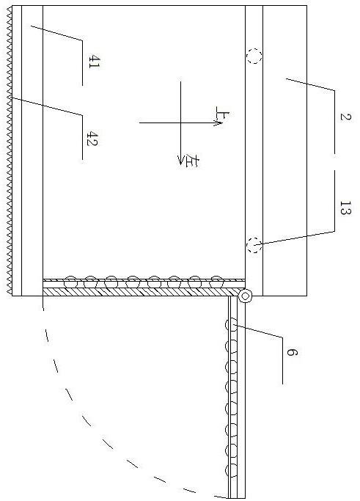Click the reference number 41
coord(94,62)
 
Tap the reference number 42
coord(92,139)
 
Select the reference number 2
coord(345,117)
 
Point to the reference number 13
coord(345,208)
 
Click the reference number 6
coord(292,352)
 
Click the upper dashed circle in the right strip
coord(254,56)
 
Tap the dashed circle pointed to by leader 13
coord(254,246)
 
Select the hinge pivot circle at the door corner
coord(245,296)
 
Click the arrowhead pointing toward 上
coord(218,122)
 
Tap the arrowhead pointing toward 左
coord(181,161)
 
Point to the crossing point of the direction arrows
coord(181,122)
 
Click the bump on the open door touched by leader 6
coord(231,325)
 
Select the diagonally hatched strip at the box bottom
coord(142,292)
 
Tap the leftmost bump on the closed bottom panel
coord(70,282)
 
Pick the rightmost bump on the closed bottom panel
coord(216,282)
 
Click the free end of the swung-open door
coord(237,498)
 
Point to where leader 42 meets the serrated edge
coord(12,98)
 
